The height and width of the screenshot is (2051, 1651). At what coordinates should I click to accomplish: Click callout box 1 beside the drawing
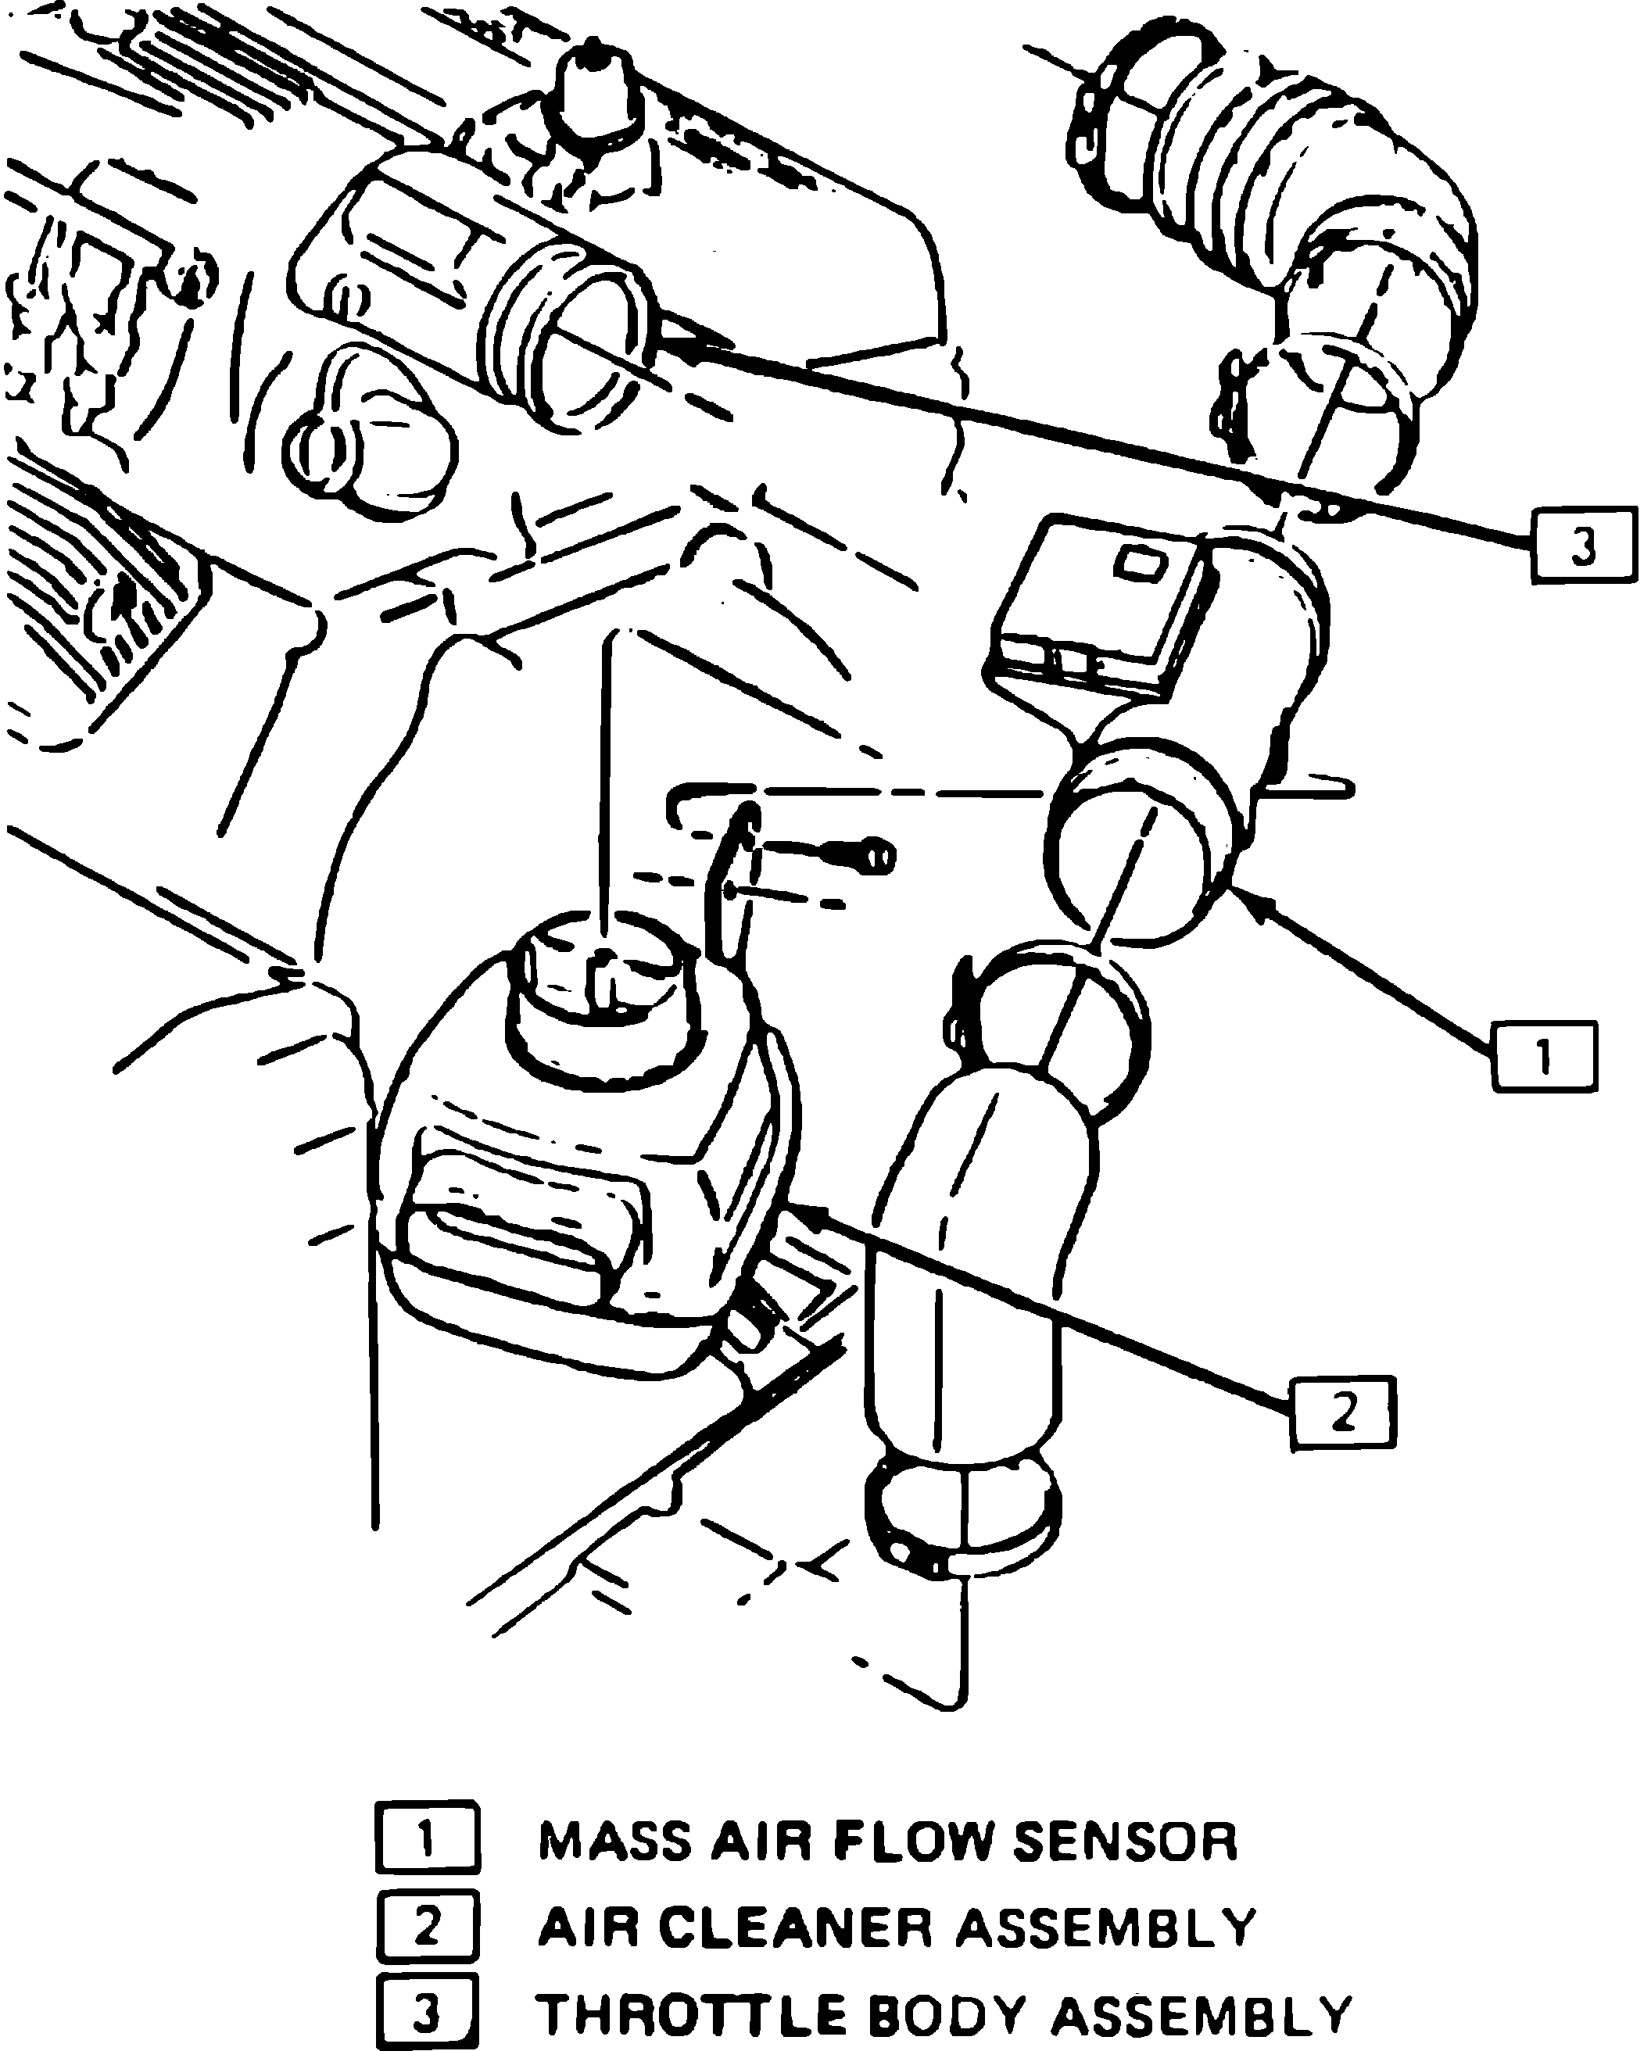click(x=1543, y=1056)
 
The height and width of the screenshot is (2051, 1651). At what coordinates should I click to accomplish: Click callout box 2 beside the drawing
click(x=1343, y=1412)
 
